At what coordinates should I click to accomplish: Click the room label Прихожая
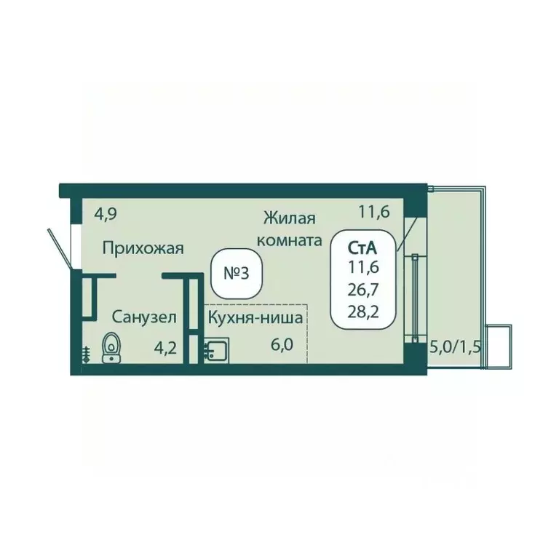(x=143, y=248)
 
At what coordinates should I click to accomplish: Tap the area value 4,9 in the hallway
(x=106, y=214)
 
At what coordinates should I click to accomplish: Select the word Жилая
(x=290, y=218)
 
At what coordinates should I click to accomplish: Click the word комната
(x=290, y=241)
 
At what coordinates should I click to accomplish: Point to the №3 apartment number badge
(x=236, y=274)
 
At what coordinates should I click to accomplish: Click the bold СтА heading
(x=362, y=248)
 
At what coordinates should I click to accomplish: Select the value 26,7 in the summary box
(x=363, y=290)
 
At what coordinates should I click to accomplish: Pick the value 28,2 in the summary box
(x=363, y=312)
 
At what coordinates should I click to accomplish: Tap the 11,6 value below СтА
(x=363, y=267)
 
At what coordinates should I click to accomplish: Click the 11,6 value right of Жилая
(x=374, y=212)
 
